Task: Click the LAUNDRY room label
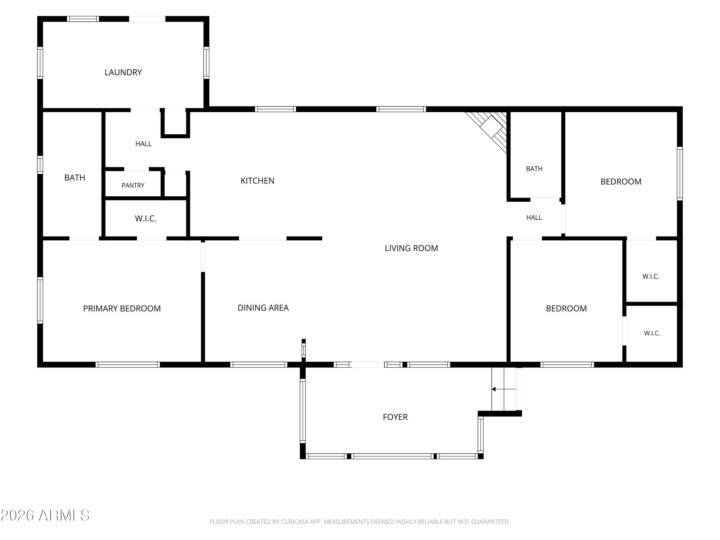click(123, 72)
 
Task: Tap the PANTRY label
click(133, 185)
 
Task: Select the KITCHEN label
click(257, 181)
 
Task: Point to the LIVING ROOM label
click(411, 248)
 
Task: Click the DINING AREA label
click(263, 308)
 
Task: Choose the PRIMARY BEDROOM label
click(122, 308)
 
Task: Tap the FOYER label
click(395, 417)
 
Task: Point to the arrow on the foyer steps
click(504, 389)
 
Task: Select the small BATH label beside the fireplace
click(534, 169)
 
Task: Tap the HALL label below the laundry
click(143, 144)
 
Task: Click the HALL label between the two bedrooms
click(534, 217)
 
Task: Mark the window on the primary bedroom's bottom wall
click(128, 365)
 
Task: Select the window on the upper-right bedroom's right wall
click(680, 174)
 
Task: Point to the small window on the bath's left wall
click(40, 165)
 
